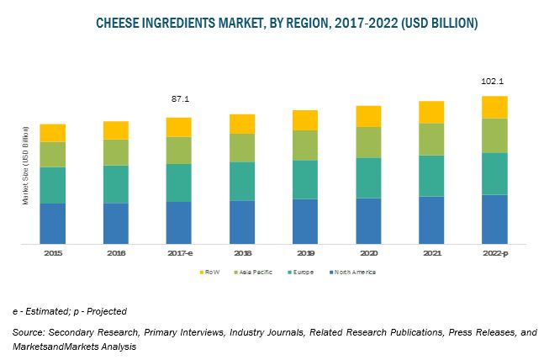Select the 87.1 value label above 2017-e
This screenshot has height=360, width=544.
(178, 100)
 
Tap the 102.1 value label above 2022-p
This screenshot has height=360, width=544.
(494, 82)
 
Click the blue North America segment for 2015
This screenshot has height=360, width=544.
(52, 223)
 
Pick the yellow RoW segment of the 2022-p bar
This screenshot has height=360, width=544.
(494, 107)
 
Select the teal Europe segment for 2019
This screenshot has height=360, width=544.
(304, 179)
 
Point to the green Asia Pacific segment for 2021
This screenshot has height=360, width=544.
(430, 139)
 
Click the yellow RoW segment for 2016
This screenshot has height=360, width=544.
(115, 130)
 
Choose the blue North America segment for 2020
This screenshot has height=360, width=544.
(367, 220)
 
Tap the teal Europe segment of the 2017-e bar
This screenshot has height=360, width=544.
(178, 183)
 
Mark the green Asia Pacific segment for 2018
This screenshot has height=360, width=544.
(241, 147)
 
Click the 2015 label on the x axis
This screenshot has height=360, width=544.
(52, 252)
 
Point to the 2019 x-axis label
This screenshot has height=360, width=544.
(304, 252)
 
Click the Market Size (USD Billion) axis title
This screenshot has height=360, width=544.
(25, 165)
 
